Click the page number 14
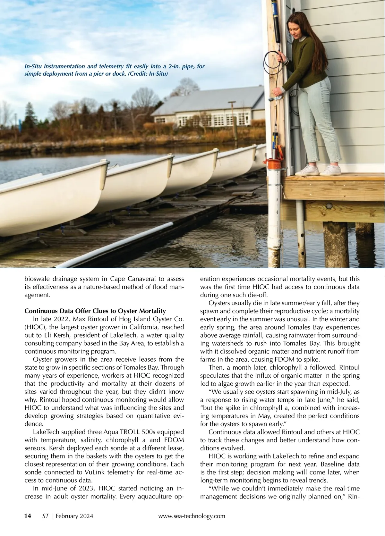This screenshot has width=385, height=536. pos(28,516)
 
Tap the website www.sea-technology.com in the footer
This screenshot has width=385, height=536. pos(192,516)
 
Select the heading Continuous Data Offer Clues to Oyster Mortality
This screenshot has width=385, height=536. pos(95,311)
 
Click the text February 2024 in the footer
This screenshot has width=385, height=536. pos(75,516)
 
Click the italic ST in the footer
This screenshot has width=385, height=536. pos(45,516)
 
